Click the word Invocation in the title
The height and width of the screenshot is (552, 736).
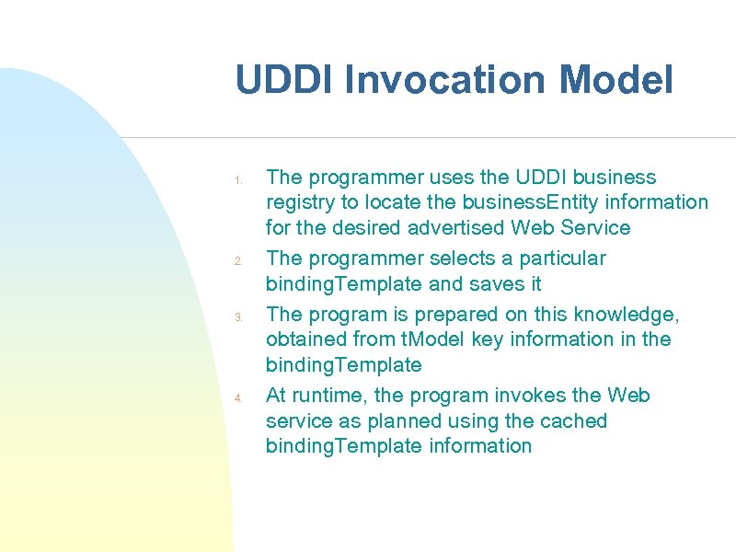(x=449, y=80)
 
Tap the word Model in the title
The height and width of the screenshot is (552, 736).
(x=616, y=80)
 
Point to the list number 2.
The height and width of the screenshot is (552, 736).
(x=236, y=261)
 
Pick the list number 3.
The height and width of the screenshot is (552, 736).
(x=236, y=317)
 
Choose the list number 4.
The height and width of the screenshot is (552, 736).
(x=236, y=398)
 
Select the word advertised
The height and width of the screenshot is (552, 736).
(x=454, y=227)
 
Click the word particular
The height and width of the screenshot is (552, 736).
(x=560, y=259)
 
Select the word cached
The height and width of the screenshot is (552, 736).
(x=573, y=421)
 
